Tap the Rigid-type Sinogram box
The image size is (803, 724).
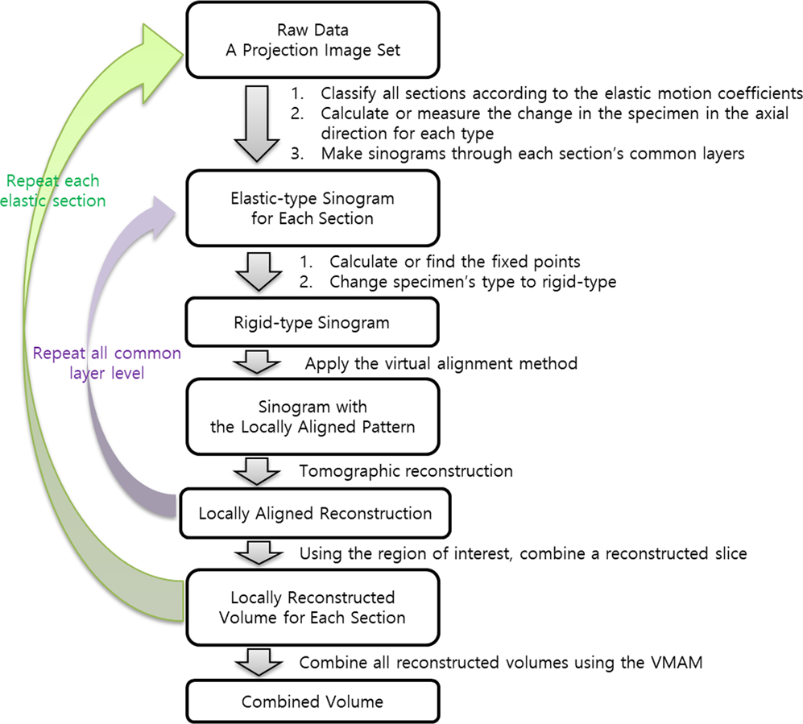[313, 323]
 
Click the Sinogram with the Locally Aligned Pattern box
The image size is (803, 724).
[313, 416]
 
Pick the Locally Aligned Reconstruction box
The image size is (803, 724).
[314, 513]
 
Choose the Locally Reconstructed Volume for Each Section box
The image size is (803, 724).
[313, 607]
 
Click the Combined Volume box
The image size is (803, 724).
[313, 701]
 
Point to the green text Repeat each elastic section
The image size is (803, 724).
[54, 191]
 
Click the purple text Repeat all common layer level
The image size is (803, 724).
[106, 363]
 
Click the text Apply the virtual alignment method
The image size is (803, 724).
[441, 363]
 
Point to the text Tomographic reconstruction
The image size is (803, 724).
[406, 470]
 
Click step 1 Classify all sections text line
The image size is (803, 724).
[539, 92]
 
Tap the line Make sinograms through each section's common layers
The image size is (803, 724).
[532, 153]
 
